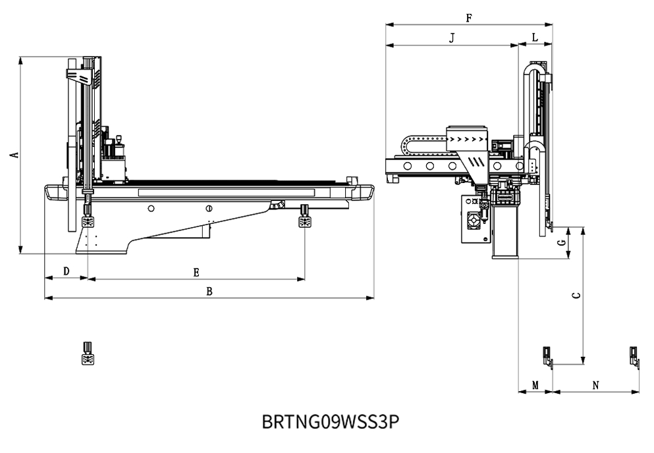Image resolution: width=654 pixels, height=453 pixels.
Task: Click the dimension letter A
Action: click(13, 155)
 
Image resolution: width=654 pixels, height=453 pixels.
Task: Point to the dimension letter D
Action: click(66, 271)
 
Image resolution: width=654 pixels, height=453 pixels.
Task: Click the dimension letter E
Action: click(196, 271)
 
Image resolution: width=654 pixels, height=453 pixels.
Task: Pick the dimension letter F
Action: click(468, 18)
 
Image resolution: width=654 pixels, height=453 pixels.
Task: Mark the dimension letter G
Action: click(561, 242)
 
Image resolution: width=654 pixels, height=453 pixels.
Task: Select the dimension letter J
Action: click(452, 39)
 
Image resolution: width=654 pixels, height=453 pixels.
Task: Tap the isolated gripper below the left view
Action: click(87, 354)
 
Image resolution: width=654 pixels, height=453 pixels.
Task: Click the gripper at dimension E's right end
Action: click(305, 217)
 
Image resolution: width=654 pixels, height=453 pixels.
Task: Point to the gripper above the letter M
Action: click(547, 356)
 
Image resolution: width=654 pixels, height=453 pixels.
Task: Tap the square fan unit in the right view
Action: click(474, 220)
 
